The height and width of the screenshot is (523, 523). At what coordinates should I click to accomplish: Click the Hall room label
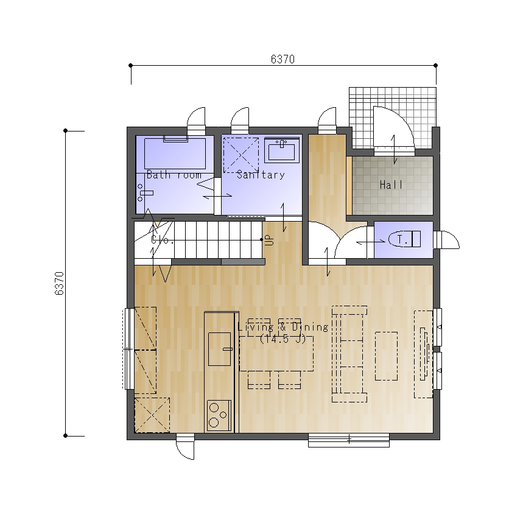391,184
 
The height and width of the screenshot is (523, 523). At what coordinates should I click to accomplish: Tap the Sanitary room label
261,175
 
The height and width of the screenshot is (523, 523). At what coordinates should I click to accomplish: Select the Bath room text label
174,175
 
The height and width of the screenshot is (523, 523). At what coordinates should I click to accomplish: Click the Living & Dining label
283,327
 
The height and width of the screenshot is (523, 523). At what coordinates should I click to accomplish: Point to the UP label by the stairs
269,240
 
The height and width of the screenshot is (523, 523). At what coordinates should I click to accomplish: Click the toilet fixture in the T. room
404,239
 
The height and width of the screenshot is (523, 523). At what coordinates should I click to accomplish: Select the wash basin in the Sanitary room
282,150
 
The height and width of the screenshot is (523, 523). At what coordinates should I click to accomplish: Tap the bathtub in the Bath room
175,153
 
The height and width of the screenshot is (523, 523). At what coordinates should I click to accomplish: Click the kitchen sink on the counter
219,349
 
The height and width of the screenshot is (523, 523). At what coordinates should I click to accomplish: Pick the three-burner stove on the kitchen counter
219,416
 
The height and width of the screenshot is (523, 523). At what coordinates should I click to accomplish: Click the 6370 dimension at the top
283,60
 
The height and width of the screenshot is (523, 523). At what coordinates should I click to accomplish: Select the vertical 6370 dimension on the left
59,283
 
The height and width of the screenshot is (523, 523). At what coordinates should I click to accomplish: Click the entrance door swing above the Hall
394,131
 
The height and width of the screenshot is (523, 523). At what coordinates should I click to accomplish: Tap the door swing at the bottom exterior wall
185,446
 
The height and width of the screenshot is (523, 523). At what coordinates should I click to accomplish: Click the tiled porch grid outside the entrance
393,118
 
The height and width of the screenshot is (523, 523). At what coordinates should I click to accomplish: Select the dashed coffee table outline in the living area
386,356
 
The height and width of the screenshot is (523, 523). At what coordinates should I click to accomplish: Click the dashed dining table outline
276,354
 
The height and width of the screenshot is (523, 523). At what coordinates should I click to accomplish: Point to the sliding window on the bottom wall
349,440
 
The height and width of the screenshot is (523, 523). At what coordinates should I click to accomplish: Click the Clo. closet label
163,239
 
